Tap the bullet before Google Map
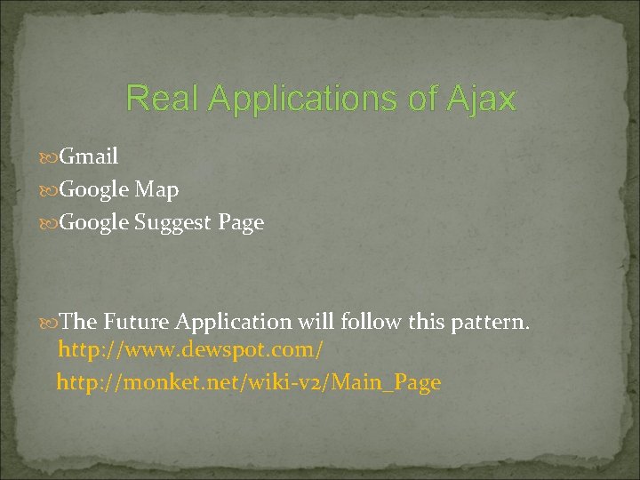(50, 190)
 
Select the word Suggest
(173, 223)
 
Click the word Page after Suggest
(241, 223)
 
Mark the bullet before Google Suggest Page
(50, 224)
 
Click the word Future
(136, 321)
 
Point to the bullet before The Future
(50, 322)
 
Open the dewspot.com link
(190, 350)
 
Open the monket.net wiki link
(248, 383)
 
